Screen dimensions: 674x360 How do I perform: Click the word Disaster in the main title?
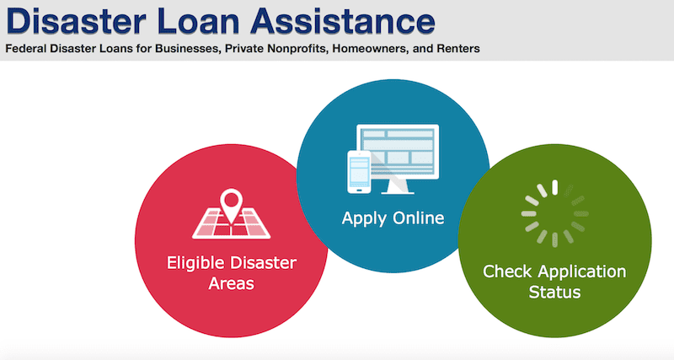pyautogui.click(x=77, y=20)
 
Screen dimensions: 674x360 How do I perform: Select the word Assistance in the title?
pyautogui.click(x=344, y=20)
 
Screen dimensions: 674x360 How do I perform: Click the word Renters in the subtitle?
pyautogui.click(x=458, y=49)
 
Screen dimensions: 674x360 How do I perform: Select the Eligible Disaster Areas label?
pyautogui.click(x=231, y=273)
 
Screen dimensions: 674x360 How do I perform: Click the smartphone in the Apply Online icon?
pyautogui.click(x=359, y=172)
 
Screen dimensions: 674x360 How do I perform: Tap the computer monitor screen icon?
pyautogui.click(x=398, y=152)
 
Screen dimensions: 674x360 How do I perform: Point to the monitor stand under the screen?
pyautogui.click(x=398, y=186)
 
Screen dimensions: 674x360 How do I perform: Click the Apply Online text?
pyautogui.click(x=393, y=218)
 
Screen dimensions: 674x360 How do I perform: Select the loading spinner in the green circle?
pyautogui.click(x=555, y=213)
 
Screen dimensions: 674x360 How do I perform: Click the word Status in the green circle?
pyautogui.click(x=554, y=293)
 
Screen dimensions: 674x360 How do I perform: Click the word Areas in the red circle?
pyautogui.click(x=231, y=284)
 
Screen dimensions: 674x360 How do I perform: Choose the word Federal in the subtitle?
pyautogui.click(x=26, y=49)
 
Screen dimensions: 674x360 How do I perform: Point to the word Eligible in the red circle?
pyautogui.click(x=195, y=263)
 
